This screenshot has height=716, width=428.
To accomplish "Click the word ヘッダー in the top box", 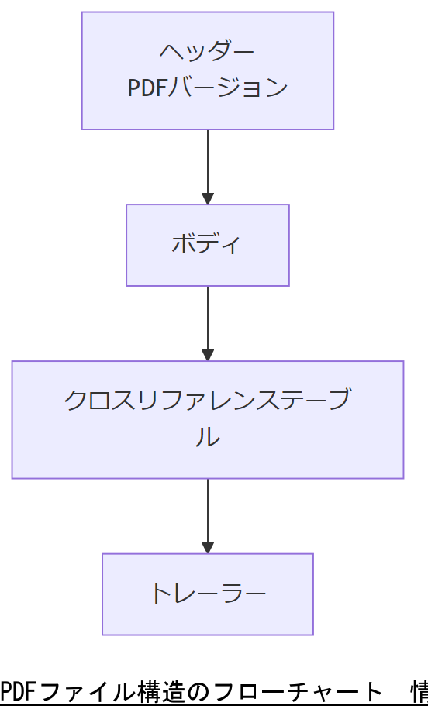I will coord(207,51).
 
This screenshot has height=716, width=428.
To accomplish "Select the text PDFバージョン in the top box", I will coord(207,88).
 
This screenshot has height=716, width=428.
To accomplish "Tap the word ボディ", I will coord(207,244).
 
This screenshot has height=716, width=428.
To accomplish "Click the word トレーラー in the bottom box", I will coord(207,594).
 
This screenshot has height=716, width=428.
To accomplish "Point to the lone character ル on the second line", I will coord(207,438).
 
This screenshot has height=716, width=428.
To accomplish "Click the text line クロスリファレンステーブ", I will coord(207,401).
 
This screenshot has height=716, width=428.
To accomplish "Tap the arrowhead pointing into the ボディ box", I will coord(207,198).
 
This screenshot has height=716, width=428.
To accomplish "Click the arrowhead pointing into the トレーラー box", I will coord(207,547).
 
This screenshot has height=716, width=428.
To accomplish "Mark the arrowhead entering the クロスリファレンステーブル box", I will coord(207,355).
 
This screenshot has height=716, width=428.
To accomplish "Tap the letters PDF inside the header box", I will coord(147,88).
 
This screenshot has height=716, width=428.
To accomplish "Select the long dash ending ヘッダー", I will coord(243,51).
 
